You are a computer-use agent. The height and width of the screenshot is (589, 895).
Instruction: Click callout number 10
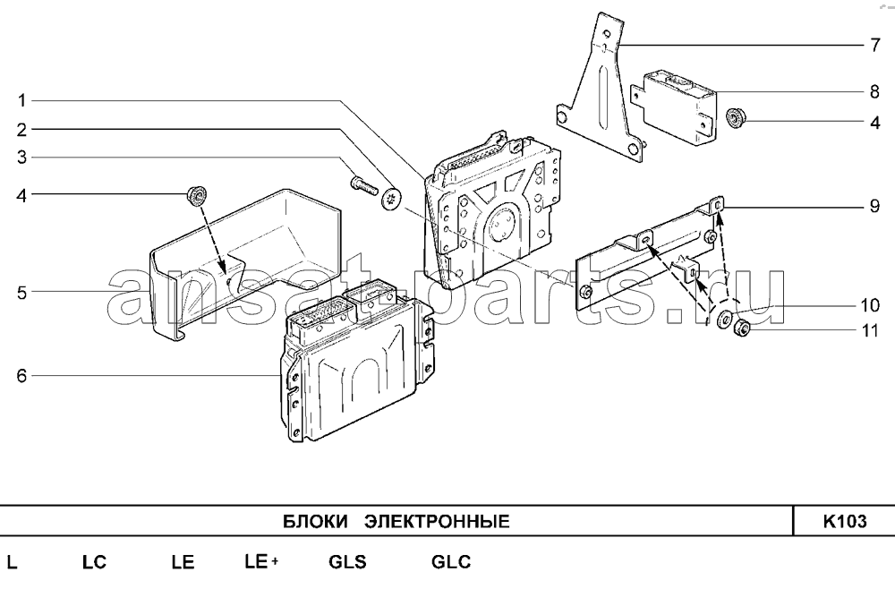pyautogui.click(x=871, y=304)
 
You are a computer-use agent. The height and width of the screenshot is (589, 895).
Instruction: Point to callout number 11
pyautogui.click(x=871, y=330)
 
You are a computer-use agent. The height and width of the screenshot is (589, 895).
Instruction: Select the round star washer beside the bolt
pyautogui.click(x=392, y=199)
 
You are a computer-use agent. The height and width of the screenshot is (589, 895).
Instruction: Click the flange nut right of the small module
pyautogui.click(x=737, y=116)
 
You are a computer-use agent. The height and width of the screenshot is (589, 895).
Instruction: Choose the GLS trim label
pyautogui.click(x=347, y=563)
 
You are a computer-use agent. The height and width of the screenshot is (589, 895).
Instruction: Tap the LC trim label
pyautogui.click(x=94, y=563)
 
